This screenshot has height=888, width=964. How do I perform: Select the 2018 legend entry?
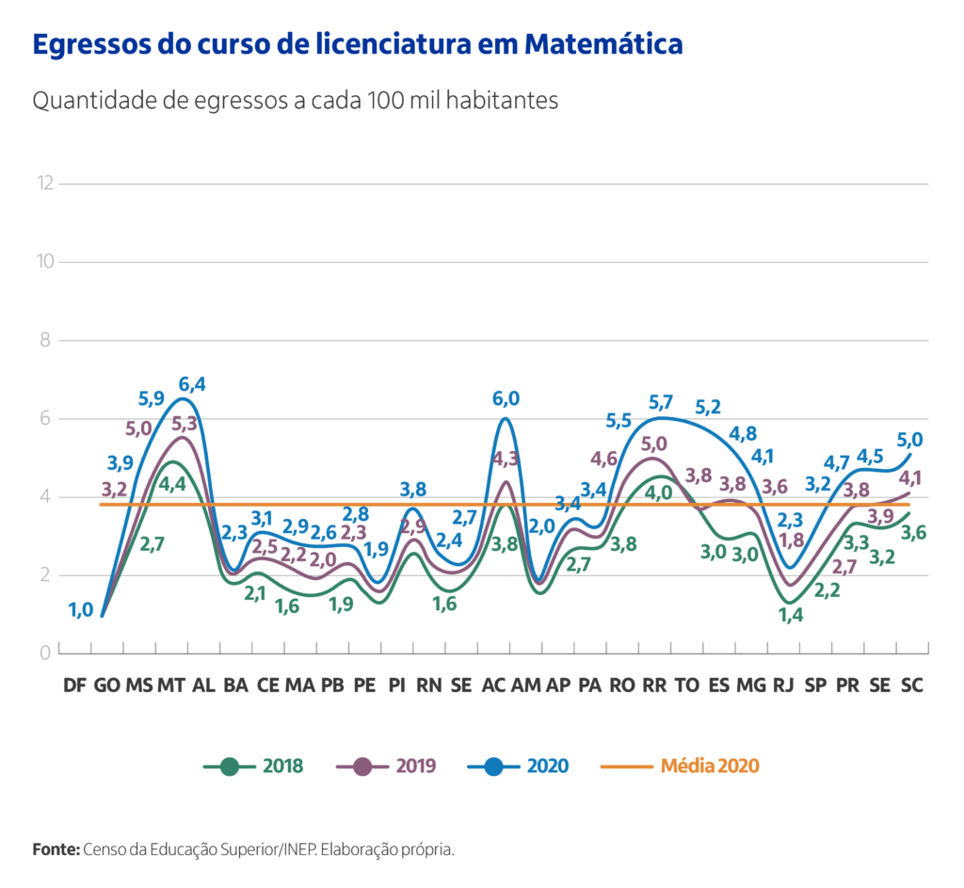pyautogui.click(x=254, y=766)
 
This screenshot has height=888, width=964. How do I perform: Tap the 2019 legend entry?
pyautogui.click(x=387, y=766)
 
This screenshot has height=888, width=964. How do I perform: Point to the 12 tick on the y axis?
pyautogui.click(x=42, y=183)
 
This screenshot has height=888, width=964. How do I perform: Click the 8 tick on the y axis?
pyautogui.click(x=44, y=340)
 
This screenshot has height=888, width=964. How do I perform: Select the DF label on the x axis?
pyautogui.click(x=74, y=686)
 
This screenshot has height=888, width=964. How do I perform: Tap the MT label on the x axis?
pyautogui.click(x=170, y=686)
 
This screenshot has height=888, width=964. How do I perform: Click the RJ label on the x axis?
pyautogui.click(x=782, y=686)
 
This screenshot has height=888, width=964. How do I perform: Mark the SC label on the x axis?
pyautogui.click(x=911, y=686)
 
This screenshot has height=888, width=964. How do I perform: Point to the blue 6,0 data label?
pyautogui.click(x=506, y=398)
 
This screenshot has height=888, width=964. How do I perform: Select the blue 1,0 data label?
pyautogui.click(x=81, y=610)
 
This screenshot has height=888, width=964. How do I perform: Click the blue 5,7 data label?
pyautogui.click(x=662, y=403)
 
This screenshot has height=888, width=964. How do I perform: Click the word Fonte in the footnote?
pyautogui.click(x=56, y=849)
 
